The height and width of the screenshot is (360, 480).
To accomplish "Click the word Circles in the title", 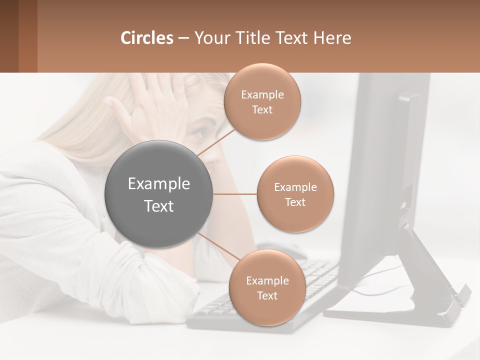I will coord(147,38).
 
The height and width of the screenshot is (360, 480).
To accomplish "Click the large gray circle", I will coord(158,194).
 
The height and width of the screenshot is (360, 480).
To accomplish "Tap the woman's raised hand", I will coord(145,102).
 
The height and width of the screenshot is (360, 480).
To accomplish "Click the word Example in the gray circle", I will coord(158,184).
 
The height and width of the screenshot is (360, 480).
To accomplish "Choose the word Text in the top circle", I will coord(262,110).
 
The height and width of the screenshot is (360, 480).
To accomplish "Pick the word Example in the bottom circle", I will coord(267,280).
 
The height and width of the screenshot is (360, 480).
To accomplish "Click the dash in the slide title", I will coord(183,38).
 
